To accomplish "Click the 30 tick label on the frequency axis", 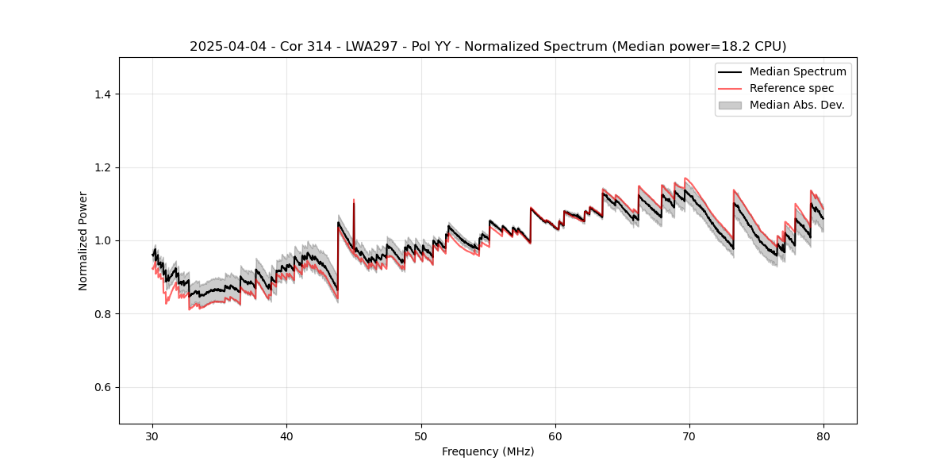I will pyautogui.click(x=152, y=436).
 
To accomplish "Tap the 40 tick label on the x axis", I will pyautogui.click(x=286, y=436).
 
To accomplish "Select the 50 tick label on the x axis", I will pyautogui.click(x=421, y=436).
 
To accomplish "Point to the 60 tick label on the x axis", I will pyautogui.click(x=555, y=436).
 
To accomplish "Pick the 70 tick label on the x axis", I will pyautogui.click(x=689, y=436).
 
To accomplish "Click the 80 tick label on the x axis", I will pyautogui.click(x=823, y=436).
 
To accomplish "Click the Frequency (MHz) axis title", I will pyautogui.click(x=488, y=452).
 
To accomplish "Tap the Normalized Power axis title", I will pyautogui.click(x=83, y=240).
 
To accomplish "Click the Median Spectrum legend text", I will pyautogui.click(x=797, y=71).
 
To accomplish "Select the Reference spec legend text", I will pyautogui.click(x=792, y=88).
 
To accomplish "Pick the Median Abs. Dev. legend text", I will pyautogui.click(x=797, y=105).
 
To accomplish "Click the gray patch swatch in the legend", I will pyautogui.click(x=730, y=105).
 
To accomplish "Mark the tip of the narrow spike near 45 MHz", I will pyautogui.click(x=354, y=200).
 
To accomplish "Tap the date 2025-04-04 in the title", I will pyautogui.click(x=224, y=47).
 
